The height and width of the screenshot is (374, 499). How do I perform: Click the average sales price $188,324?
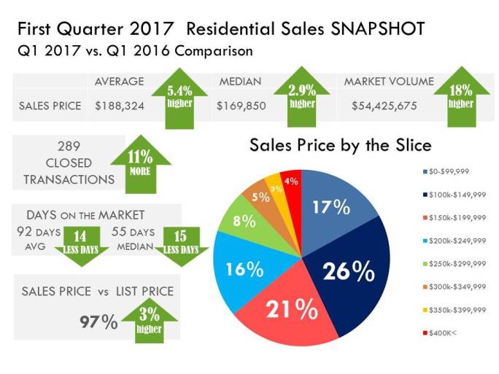coord(119,106)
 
